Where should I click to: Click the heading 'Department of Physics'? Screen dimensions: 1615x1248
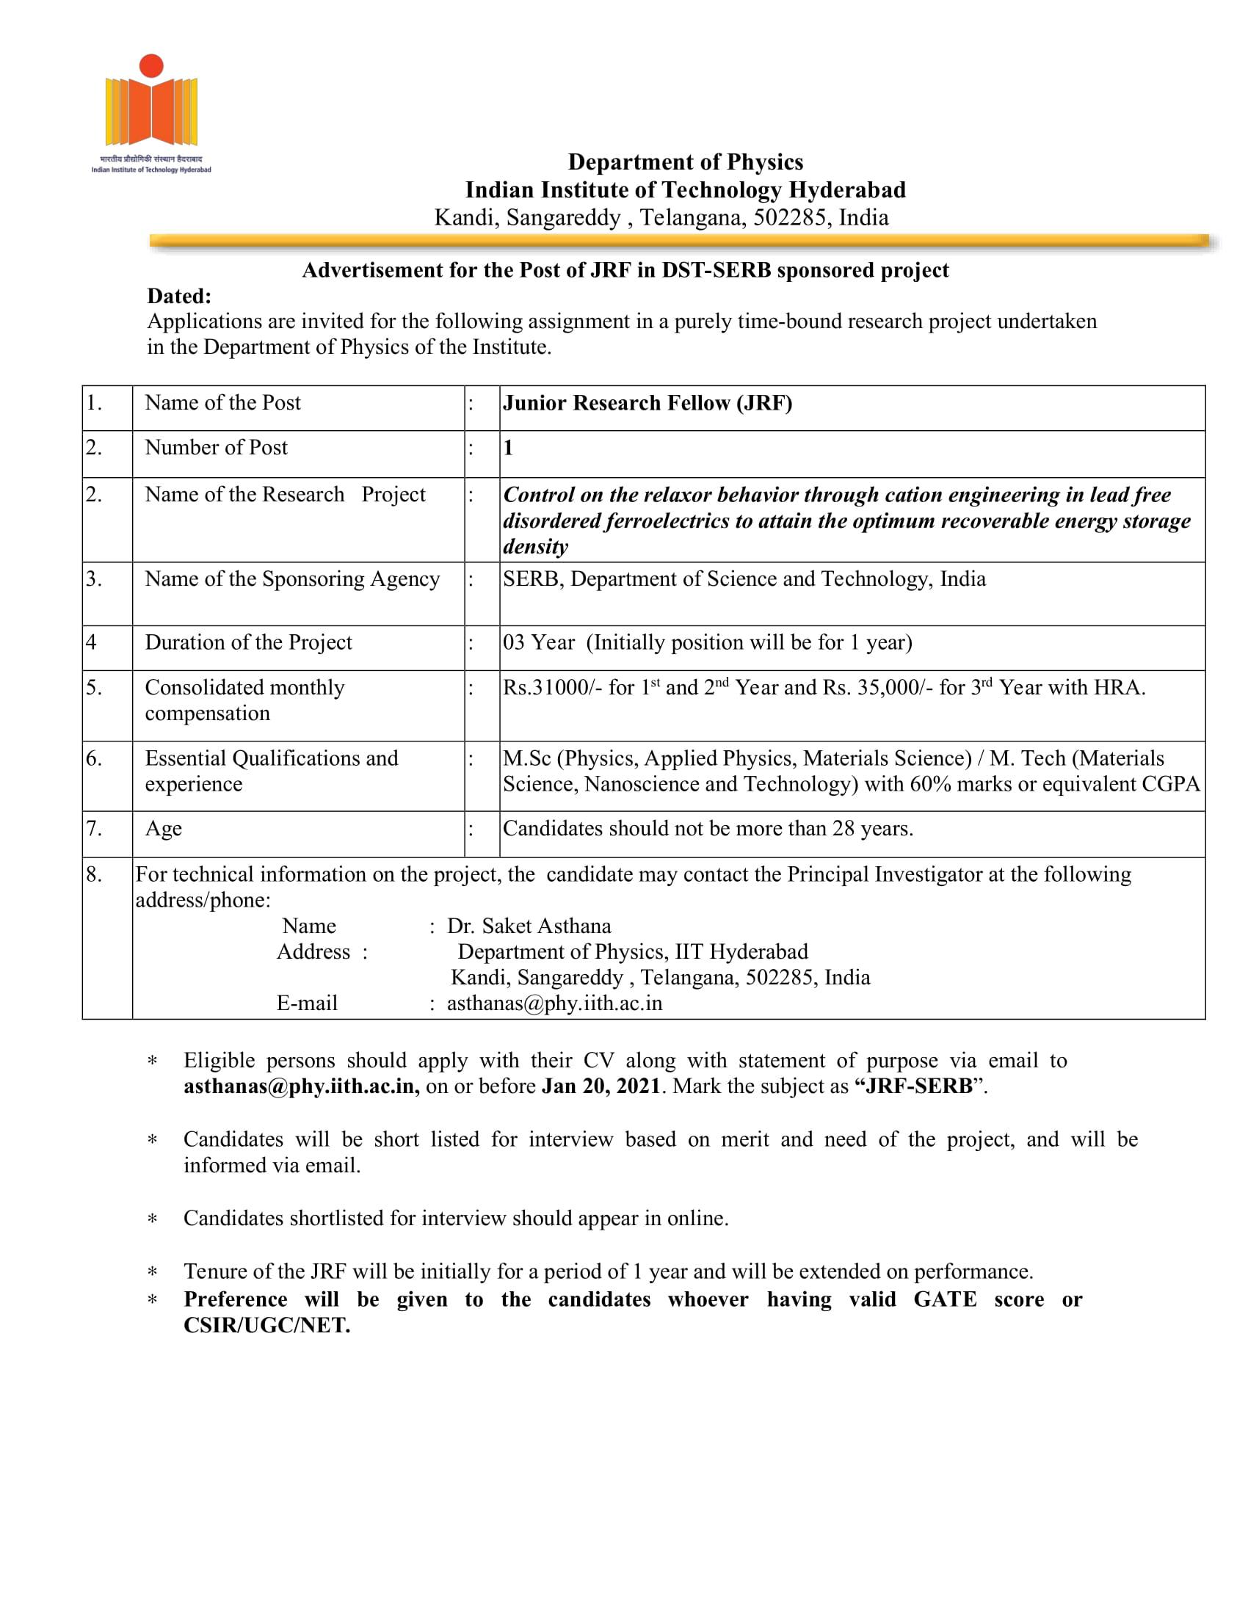click(x=685, y=162)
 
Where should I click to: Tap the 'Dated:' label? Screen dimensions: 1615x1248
click(x=179, y=296)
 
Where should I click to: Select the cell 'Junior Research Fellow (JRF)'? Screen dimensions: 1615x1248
click(x=647, y=403)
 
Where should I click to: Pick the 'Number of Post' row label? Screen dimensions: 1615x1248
click(x=216, y=447)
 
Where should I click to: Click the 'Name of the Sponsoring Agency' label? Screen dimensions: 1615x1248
click(x=292, y=579)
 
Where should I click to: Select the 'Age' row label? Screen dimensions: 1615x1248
click(x=164, y=828)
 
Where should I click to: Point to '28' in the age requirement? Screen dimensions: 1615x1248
click(x=843, y=828)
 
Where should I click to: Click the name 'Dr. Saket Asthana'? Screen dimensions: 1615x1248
click(x=529, y=926)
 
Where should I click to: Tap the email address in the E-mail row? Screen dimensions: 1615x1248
click(x=554, y=1004)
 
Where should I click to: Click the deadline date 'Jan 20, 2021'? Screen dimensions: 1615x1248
click(x=601, y=1086)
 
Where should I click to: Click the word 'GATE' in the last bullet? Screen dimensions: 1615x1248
click(x=944, y=1299)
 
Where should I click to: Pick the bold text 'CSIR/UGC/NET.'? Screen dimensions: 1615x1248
click(x=267, y=1325)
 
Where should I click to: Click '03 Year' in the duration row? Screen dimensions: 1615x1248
click(x=538, y=642)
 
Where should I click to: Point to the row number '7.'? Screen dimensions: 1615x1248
click(x=94, y=828)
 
